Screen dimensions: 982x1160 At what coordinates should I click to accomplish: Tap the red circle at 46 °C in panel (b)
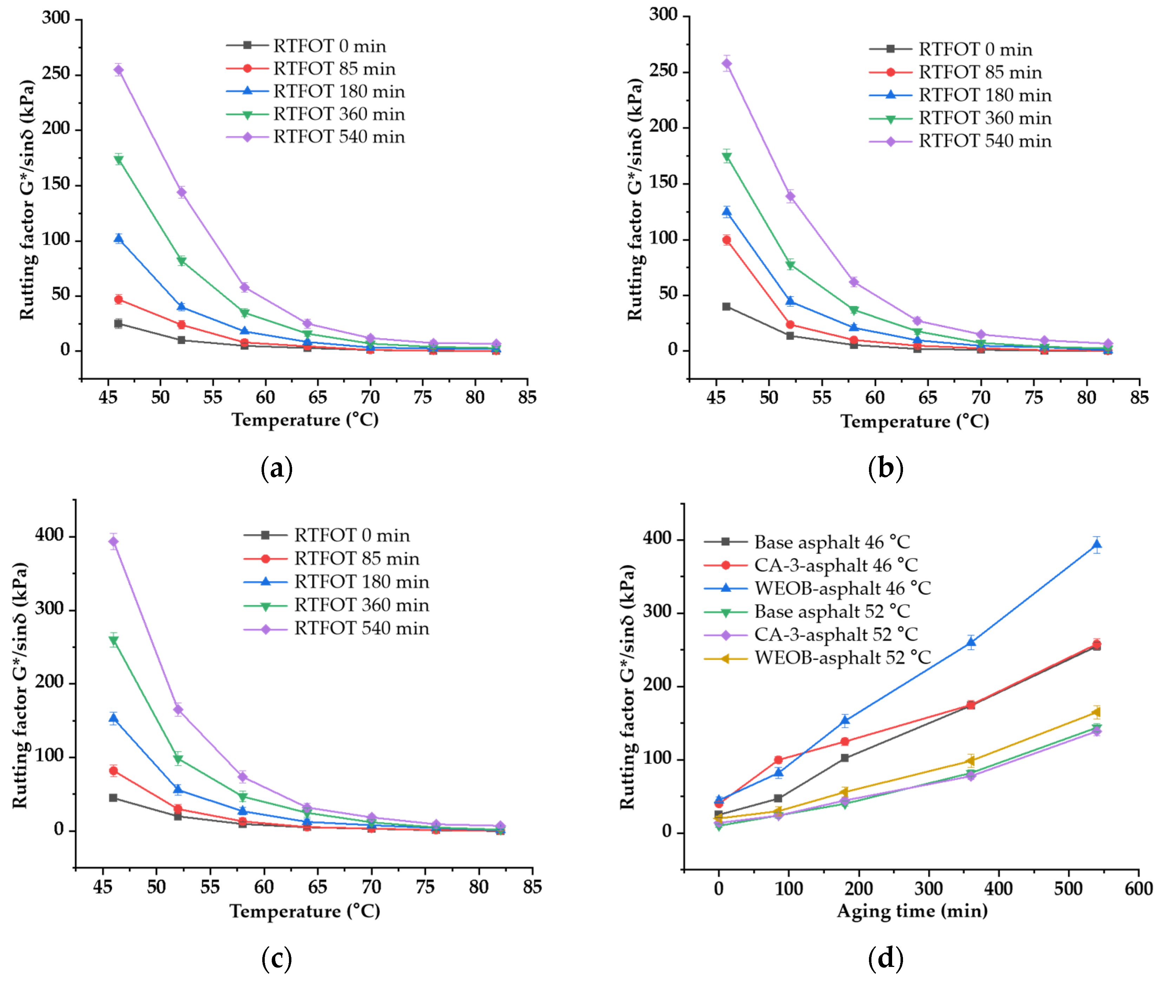(x=727, y=240)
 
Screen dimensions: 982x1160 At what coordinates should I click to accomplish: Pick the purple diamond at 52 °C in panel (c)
(x=178, y=710)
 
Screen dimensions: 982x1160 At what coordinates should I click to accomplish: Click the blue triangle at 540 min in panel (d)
(x=1096, y=545)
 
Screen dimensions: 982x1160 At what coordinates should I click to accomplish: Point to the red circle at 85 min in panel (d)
(x=778, y=760)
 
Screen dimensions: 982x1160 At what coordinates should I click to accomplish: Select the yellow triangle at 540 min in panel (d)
(x=1096, y=712)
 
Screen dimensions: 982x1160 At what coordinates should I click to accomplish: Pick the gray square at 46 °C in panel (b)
(x=727, y=307)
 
